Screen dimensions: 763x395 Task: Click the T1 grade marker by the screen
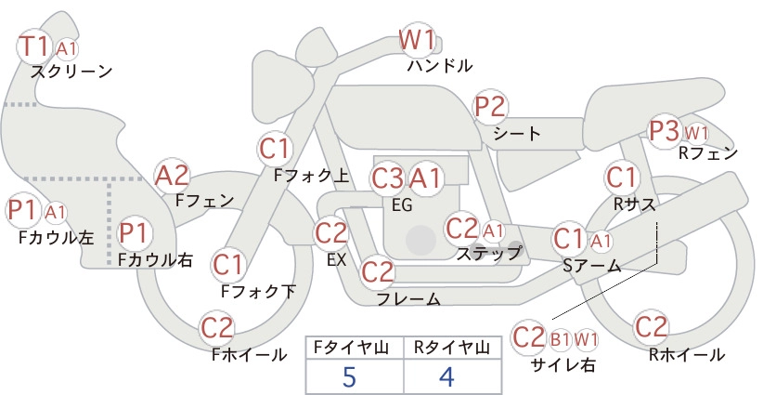pyautogui.click(x=34, y=46)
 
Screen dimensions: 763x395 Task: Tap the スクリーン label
pyautogui.click(x=71, y=72)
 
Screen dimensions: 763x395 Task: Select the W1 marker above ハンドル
pyautogui.click(x=417, y=40)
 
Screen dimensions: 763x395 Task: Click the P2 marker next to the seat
pyautogui.click(x=490, y=107)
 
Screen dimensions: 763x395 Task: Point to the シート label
pyautogui.click(x=517, y=134)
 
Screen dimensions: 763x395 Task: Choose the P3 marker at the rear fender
pyautogui.click(x=665, y=131)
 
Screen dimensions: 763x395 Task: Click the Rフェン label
pyautogui.click(x=708, y=153)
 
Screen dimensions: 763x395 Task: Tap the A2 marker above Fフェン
pyautogui.click(x=172, y=176)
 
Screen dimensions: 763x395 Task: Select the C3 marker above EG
pyautogui.click(x=387, y=179)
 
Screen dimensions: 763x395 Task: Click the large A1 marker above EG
pyautogui.click(x=425, y=179)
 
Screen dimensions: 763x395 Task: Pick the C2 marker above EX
pyautogui.click(x=330, y=232)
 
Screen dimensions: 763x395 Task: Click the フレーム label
pyautogui.click(x=408, y=299)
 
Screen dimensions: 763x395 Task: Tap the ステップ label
pyautogui.click(x=488, y=254)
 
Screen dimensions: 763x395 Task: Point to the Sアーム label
pyautogui.click(x=592, y=266)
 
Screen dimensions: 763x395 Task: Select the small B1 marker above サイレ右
pyautogui.click(x=560, y=339)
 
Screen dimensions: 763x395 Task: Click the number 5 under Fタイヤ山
pyautogui.click(x=349, y=377)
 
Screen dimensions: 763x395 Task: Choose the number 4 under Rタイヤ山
pyautogui.click(x=446, y=377)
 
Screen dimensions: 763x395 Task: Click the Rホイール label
pyautogui.click(x=687, y=355)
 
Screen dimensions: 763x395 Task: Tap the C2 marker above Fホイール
pyautogui.click(x=217, y=328)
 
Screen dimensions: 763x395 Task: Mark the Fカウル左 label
pyautogui.click(x=56, y=237)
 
